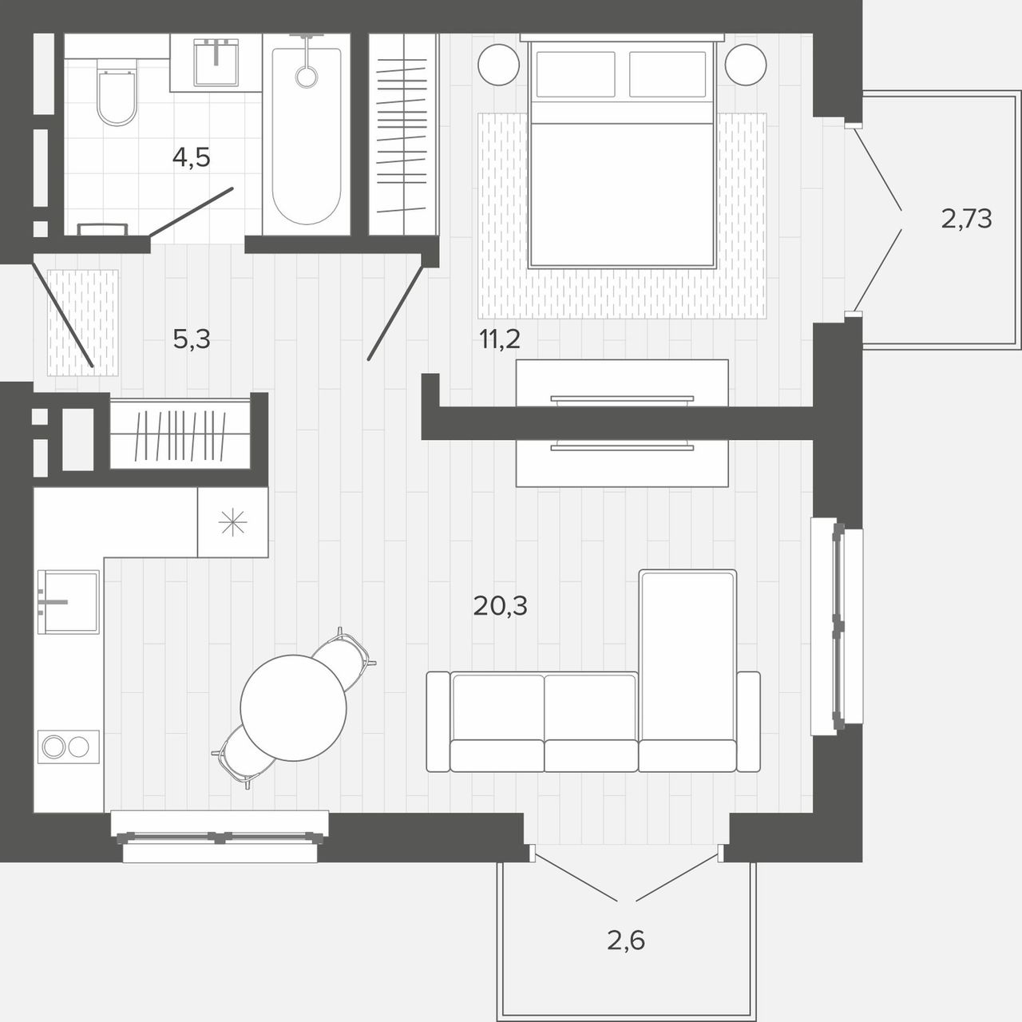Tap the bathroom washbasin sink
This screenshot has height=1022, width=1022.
pyautogui.click(x=216, y=62)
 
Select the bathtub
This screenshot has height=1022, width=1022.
pyautogui.click(x=307, y=135)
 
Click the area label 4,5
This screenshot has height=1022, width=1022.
pyautogui.click(x=192, y=157)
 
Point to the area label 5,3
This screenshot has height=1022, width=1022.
pyautogui.click(x=192, y=339)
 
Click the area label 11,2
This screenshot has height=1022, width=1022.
pyautogui.click(x=500, y=339)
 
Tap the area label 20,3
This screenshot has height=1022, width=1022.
pyautogui.click(x=500, y=606)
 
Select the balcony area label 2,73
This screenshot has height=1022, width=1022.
pyautogui.click(x=966, y=219)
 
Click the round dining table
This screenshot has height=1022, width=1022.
pyautogui.click(x=293, y=708)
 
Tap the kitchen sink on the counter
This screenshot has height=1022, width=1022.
pyautogui.click(x=69, y=602)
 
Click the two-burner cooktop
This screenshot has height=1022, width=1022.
pyautogui.click(x=69, y=747)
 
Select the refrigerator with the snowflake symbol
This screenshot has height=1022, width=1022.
pyautogui.click(x=233, y=522)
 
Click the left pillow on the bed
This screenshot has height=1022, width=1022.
pyautogui.click(x=576, y=75)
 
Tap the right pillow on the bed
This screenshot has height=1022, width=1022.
pyautogui.click(x=667, y=75)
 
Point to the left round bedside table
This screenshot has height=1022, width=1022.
pyautogui.click(x=498, y=65)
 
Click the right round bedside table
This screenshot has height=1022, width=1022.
pyautogui.click(x=746, y=65)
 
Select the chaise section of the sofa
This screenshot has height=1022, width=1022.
pyautogui.click(x=688, y=671)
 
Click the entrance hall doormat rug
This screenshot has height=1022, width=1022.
pyautogui.click(x=83, y=323)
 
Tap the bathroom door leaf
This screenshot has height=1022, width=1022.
pyautogui.click(x=191, y=212)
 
